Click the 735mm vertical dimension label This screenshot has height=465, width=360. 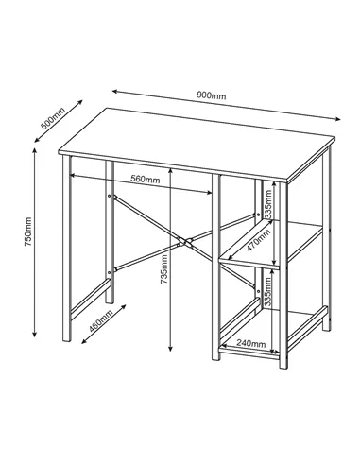point(165,270)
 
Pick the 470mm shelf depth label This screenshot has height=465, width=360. point(254,235)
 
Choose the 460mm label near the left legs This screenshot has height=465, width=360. point(98,321)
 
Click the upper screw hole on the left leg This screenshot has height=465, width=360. point(111,198)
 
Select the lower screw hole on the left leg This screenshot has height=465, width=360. point(111,273)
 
